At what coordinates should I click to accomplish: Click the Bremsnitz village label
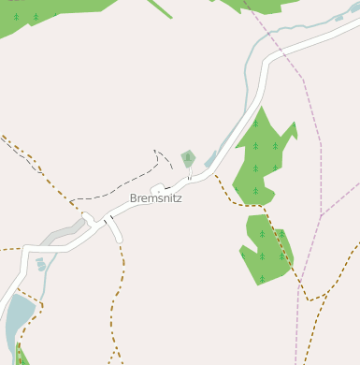pyautogui.click(x=155, y=198)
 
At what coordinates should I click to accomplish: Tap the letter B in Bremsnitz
pyautogui.click(x=134, y=198)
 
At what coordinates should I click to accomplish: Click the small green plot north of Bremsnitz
pyautogui.click(x=188, y=158)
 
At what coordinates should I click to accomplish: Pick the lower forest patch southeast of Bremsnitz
pyautogui.click(x=266, y=248)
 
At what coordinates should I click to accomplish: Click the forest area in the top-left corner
pyautogui.click(x=37, y=13)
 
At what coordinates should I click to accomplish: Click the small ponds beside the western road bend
pyautogui.click(x=40, y=265)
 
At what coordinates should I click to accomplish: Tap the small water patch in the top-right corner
pyautogui.click(x=353, y=8)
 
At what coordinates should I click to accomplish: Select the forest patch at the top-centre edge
pyautogui.click(x=252, y=5)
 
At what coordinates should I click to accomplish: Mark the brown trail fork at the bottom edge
pyautogui.click(x=115, y=355)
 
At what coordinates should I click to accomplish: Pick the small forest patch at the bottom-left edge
pyautogui.click(x=21, y=357)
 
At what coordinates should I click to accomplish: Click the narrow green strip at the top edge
pyautogui.click(x=160, y=7)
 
